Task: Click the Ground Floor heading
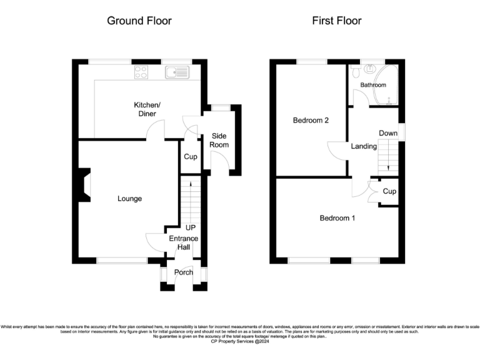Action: point(139,21)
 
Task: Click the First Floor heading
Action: point(337,21)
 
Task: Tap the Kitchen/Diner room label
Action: point(147,109)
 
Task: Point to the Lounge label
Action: point(130,199)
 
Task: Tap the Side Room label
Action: point(219,140)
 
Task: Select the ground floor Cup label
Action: point(190,156)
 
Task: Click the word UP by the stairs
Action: point(191,228)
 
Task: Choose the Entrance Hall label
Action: point(183,243)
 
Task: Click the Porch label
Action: point(183,272)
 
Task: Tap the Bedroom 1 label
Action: point(337,218)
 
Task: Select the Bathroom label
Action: point(372,85)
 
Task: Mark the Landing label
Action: point(364,146)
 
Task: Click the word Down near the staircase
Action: point(387,133)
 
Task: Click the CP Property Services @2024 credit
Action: point(240,341)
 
